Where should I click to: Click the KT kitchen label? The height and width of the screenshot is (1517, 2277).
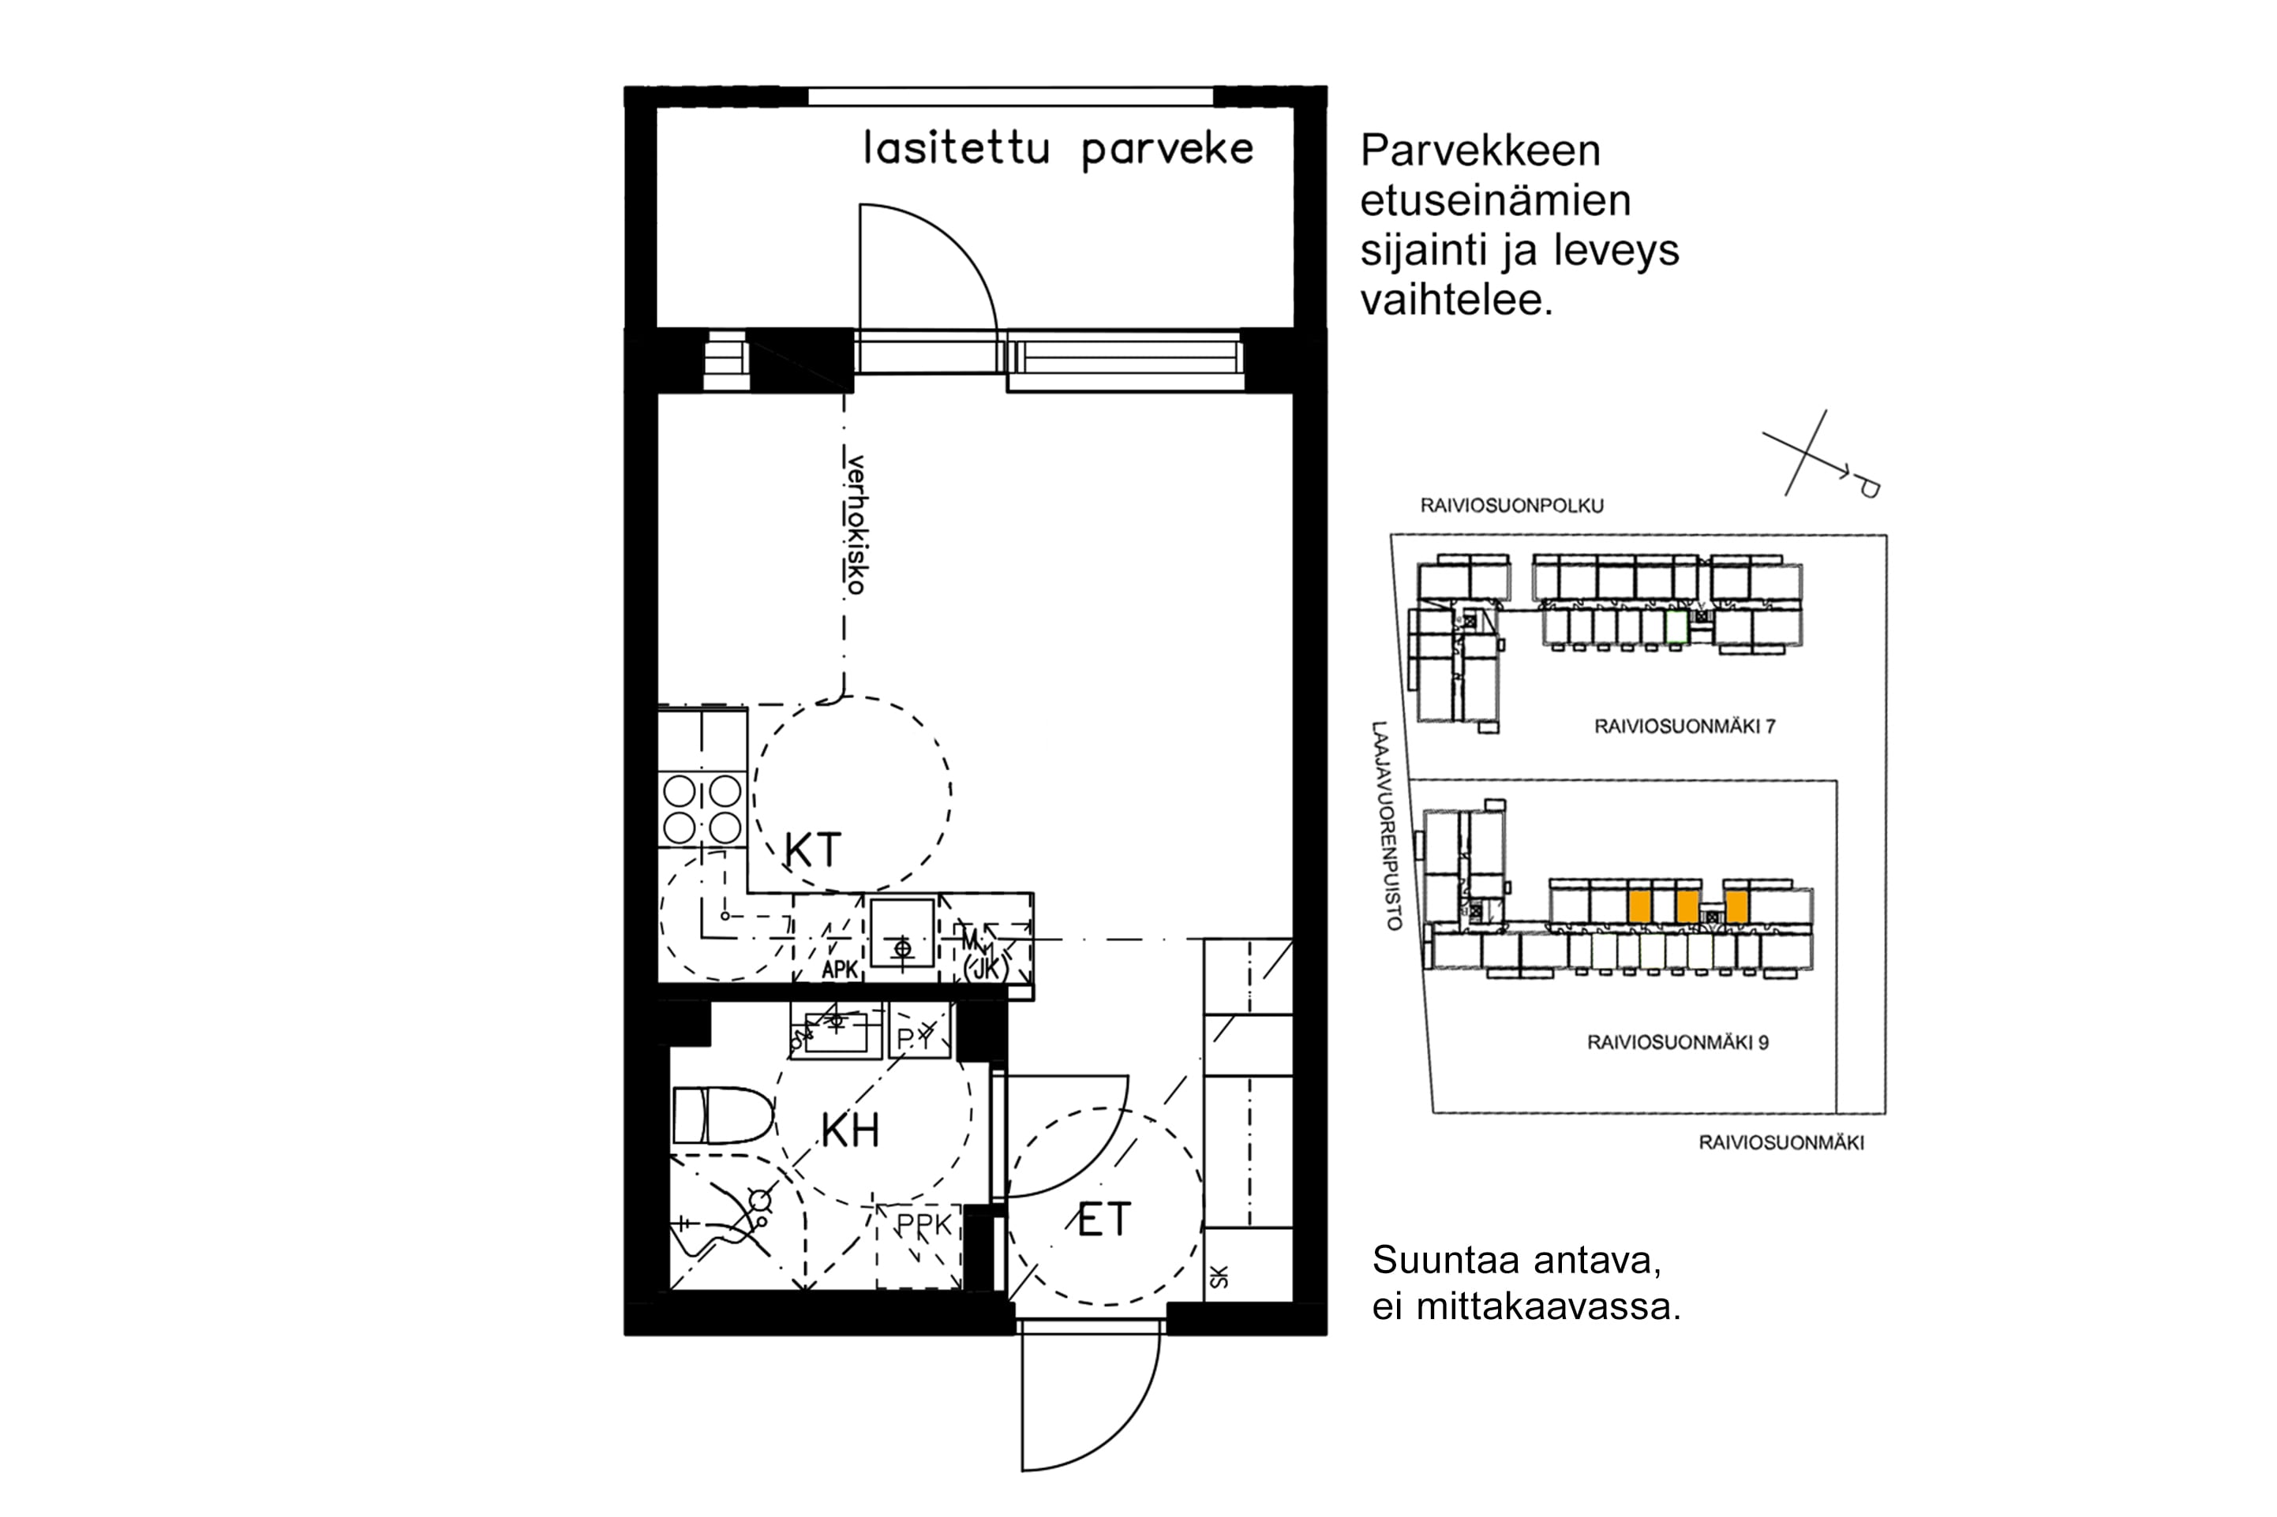point(812,850)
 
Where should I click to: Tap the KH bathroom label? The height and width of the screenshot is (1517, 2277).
point(850,1130)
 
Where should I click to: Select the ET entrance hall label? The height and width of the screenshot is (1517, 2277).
point(1103,1220)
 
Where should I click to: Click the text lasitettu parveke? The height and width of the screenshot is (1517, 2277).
point(1058,150)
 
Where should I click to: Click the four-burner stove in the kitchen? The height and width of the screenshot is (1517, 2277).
point(702,809)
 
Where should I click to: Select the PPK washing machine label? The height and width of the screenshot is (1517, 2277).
point(924,1226)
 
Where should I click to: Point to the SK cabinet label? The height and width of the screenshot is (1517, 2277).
point(1219,1277)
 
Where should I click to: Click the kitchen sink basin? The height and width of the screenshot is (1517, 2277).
point(902,932)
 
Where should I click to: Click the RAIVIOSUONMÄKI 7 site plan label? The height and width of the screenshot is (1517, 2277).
point(1685,727)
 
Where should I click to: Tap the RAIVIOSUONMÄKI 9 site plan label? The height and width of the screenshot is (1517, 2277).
point(1677,1043)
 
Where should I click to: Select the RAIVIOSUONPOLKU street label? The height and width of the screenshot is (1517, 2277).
point(1511,506)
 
